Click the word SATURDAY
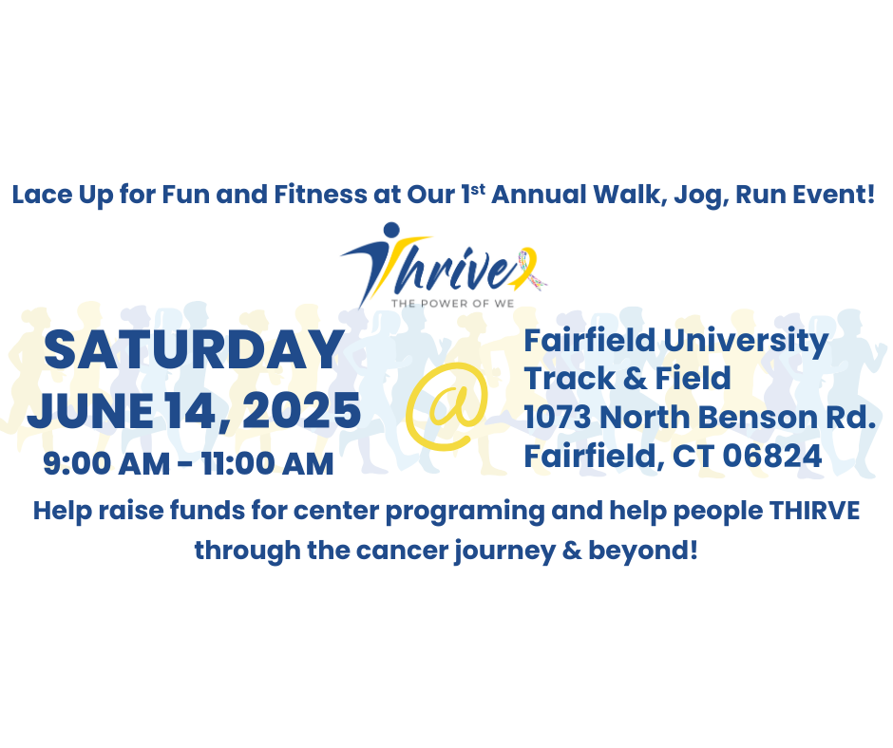pos(194,350)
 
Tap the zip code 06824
pos(772,457)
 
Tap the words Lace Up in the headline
pos(57,196)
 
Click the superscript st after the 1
pos(480,190)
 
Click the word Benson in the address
pos(741,417)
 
